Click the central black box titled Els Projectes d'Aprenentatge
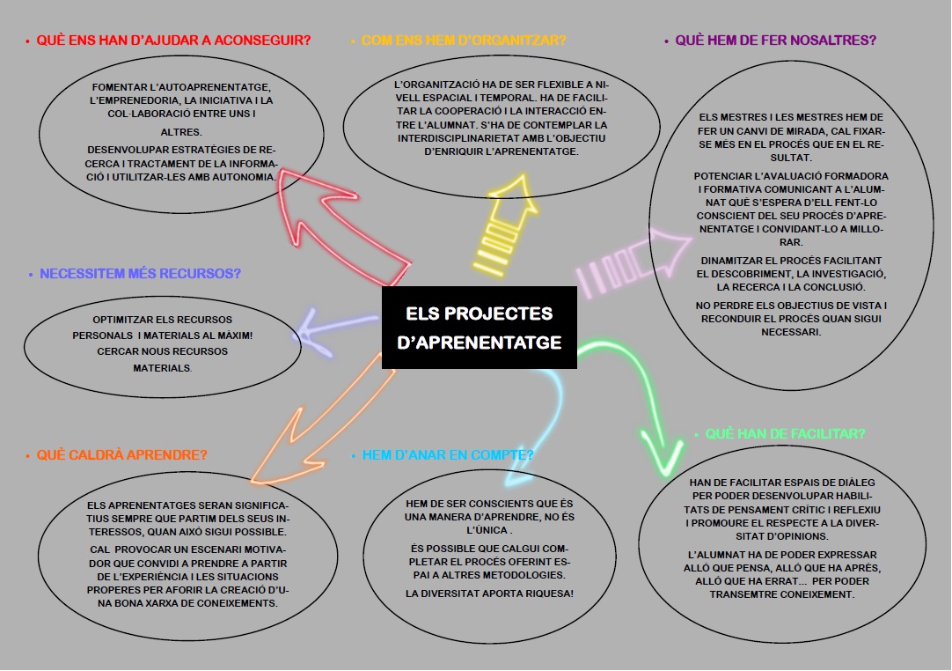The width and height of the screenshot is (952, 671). [480, 328]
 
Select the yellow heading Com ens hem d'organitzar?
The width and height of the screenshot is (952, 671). [463, 41]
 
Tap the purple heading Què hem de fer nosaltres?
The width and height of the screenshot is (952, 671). [775, 41]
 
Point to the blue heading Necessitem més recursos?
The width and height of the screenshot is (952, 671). [140, 274]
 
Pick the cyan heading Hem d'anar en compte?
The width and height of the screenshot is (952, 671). [448, 455]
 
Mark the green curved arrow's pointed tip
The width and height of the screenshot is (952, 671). [661, 466]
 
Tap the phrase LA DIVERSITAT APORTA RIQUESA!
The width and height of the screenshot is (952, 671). [489, 594]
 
